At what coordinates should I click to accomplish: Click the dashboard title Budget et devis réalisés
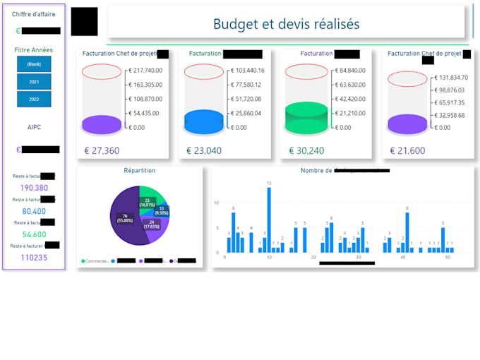(x=286, y=24)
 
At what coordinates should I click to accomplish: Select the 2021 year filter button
(x=34, y=82)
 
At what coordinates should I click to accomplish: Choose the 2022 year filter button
(x=34, y=100)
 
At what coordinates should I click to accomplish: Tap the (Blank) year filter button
(x=34, y=64)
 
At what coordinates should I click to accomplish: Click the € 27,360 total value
(x=102, y=150)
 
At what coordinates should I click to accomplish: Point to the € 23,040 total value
(x=204, y=150)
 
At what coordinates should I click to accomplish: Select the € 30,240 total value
(x=306, y=150)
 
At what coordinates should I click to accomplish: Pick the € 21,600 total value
(x=407, y=150)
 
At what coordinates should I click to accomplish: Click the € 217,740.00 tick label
(x=146, y=71)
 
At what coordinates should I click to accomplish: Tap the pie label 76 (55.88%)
(x=125, y=220)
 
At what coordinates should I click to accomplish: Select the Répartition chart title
(x=139, y=171)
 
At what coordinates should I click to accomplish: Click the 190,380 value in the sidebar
(x=34, y=188)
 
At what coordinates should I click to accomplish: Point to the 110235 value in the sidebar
(x=34, y=258)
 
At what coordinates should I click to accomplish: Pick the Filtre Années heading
(x=34, y=50)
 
